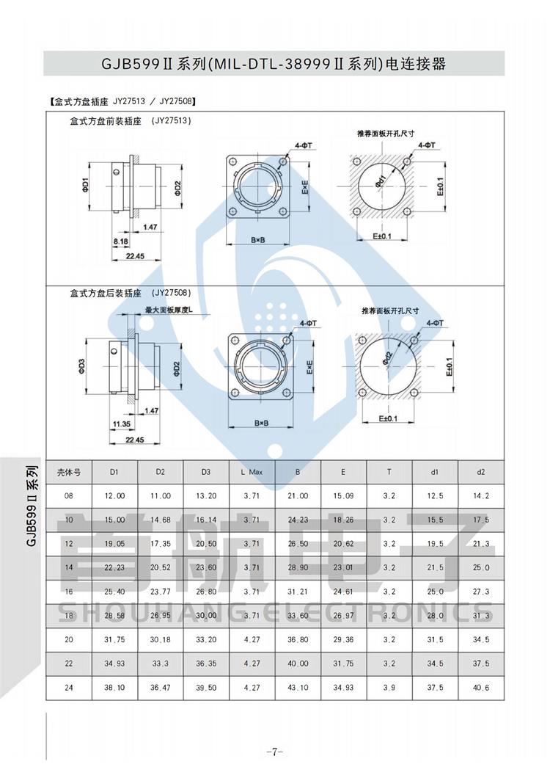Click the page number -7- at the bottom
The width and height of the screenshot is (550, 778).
point(274,752)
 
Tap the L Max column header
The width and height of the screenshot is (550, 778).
point(252,472)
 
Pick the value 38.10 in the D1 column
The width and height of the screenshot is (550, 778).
point(115,687)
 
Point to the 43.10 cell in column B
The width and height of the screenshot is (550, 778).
point(298,687)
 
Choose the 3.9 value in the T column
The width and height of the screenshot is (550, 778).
point(389,687)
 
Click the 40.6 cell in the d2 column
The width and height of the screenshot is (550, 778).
point(481,687)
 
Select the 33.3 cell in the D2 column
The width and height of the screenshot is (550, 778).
point(161,664)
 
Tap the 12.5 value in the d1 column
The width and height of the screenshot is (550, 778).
point(436,496)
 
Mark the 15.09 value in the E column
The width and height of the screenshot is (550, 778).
point(343,496)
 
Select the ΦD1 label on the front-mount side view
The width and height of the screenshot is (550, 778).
point(85,182)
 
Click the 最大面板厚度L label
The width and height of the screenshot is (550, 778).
point(169,310)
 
